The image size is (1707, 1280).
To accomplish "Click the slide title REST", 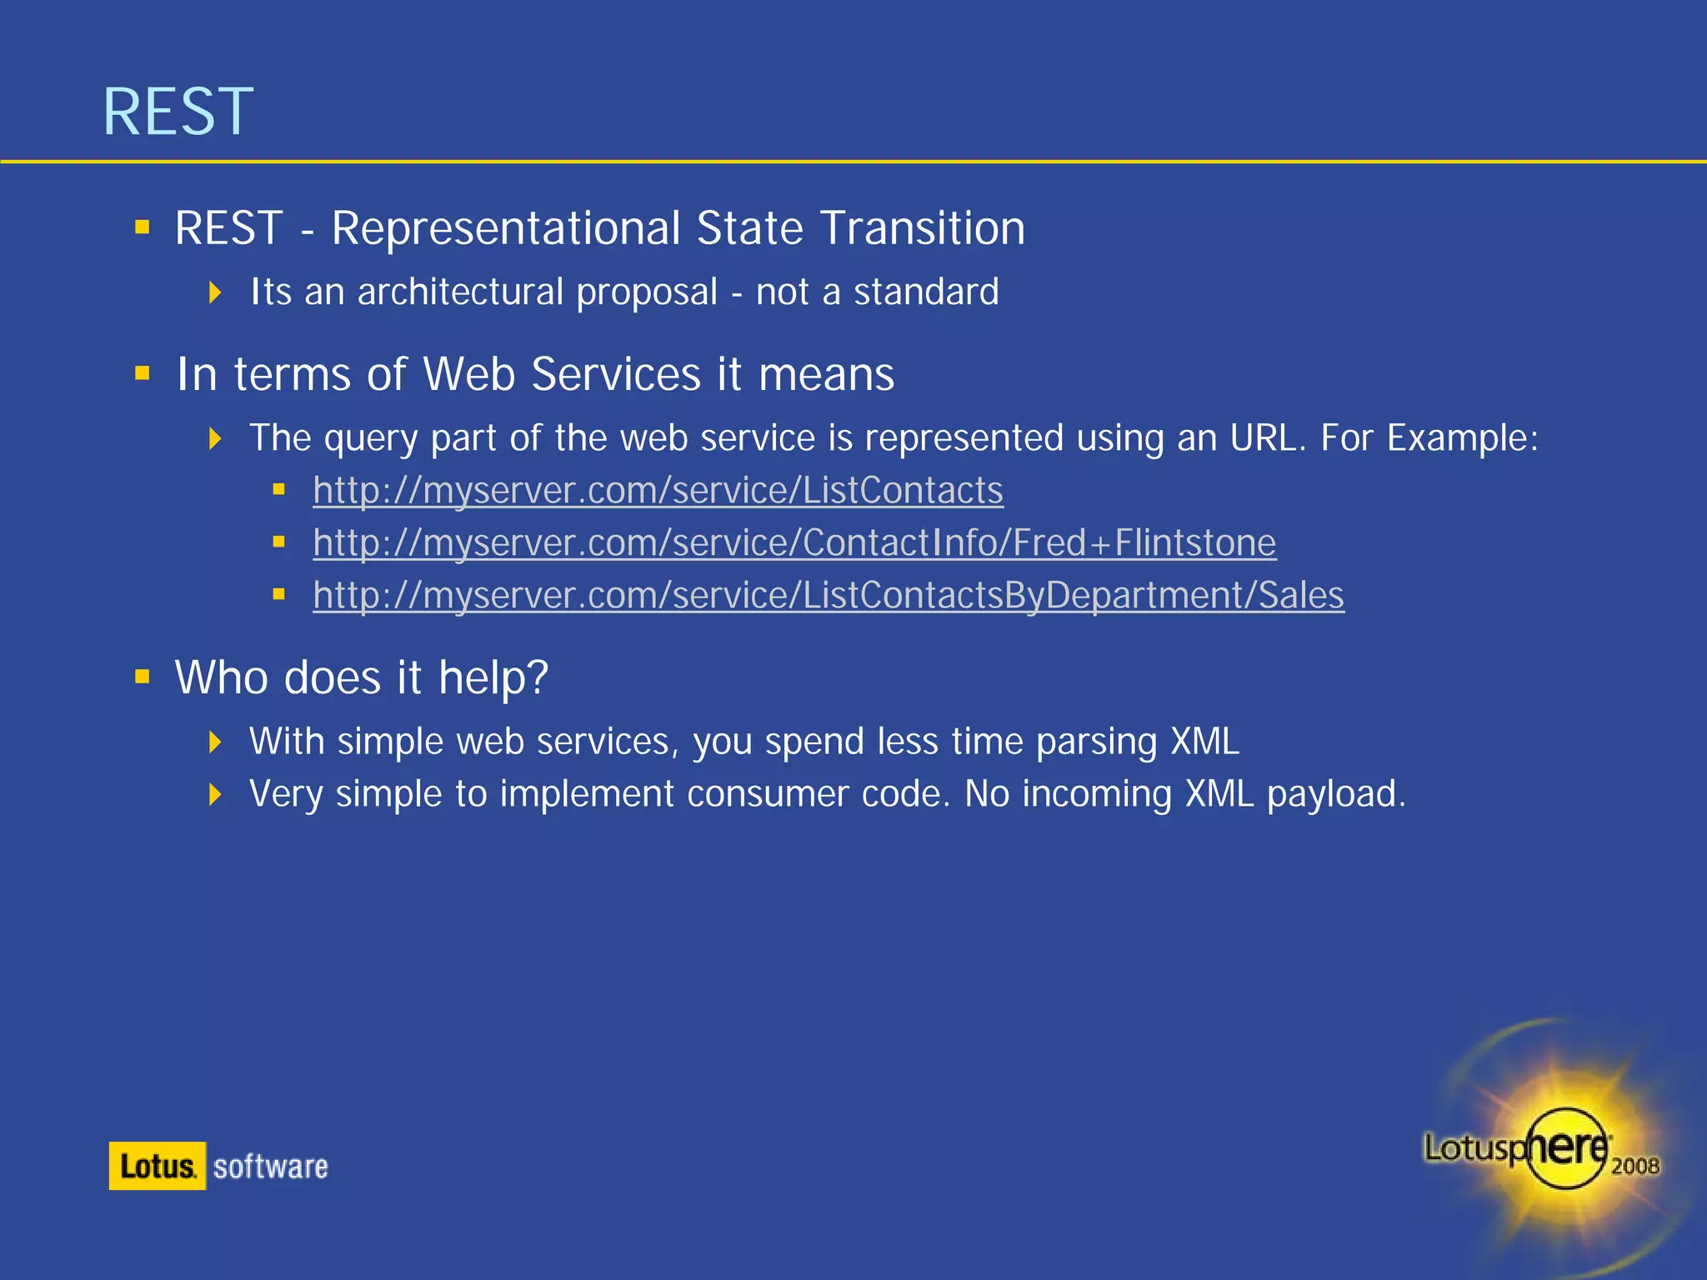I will tap(178, 112).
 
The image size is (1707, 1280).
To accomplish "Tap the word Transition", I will tap(922, 228).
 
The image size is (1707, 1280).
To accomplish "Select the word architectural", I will tap(461, 292).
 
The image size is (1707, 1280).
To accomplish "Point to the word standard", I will tap(926, 292).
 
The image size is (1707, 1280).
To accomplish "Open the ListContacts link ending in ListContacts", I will tap(658, 491).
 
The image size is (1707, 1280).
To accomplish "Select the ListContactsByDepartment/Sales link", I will tap(828, 596).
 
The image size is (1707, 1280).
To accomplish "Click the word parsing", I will tap(1096, 742).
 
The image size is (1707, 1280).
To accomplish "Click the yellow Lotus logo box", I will tap(157, 1166).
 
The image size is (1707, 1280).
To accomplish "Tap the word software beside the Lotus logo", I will tap(270, 1167).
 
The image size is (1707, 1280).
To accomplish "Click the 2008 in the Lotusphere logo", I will tap(1634, 1165).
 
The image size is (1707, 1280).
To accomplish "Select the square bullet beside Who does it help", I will tap(143, 676).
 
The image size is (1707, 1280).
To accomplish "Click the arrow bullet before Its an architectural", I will tap(215, 292).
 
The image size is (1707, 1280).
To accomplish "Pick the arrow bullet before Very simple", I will tap(215, 794).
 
